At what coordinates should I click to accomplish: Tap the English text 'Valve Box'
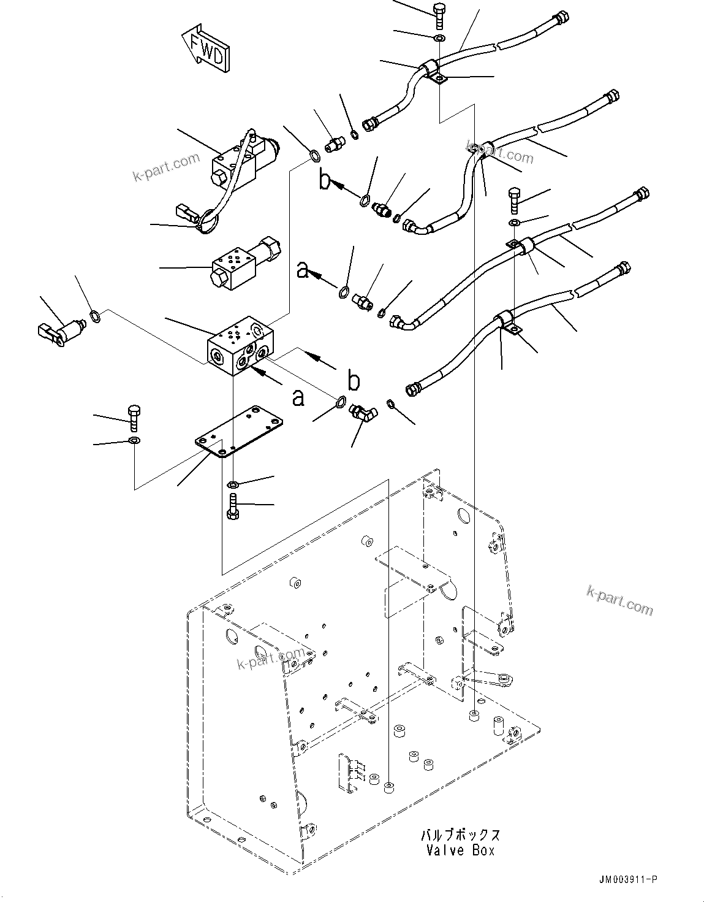pos(459,850)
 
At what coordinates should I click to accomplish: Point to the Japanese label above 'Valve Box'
pos(459,835)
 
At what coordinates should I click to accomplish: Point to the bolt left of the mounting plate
pos(134,416)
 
